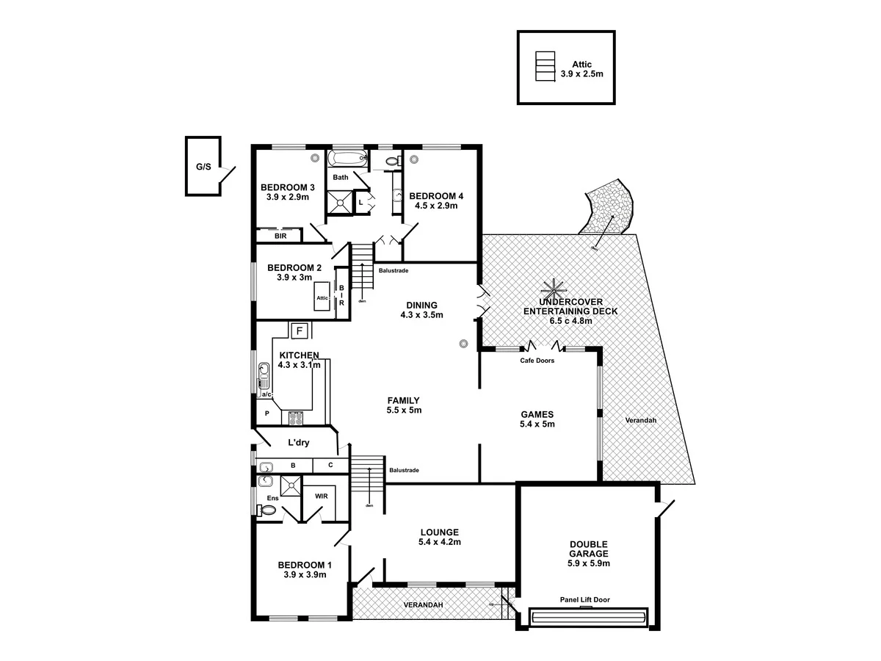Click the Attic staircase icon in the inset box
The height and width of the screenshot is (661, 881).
[543, 67]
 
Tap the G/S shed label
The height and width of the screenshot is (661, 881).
[203, 167]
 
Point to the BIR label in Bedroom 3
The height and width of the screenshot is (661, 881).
[280, 236]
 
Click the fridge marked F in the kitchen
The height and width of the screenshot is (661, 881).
[299, 330]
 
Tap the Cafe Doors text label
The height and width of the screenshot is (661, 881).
[537, 361]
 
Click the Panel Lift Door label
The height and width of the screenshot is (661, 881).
[585, 600]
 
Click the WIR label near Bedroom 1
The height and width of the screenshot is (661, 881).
[321, 496]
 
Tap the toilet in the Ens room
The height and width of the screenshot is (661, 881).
[269, 510]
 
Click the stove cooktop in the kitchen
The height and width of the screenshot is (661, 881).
[295, 419]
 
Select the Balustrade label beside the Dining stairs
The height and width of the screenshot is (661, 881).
[394, 270]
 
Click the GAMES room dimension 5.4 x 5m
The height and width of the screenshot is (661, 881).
[537, 424]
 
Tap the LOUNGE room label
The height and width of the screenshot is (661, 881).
[440, 532]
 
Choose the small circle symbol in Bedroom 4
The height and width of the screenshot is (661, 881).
[415, 158]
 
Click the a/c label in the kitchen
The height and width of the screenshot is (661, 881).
[267, 395]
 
